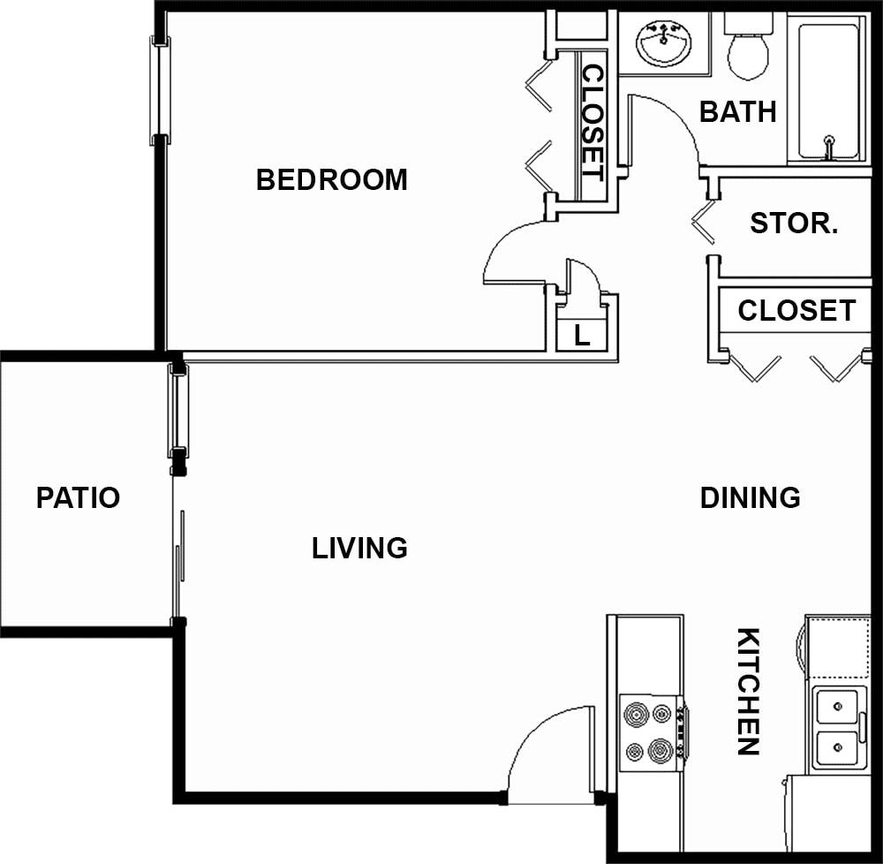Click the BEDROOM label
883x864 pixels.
point(332,180)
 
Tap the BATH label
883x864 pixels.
point(737,112)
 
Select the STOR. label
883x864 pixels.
point(794,224)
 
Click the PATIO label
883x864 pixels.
point(78,497)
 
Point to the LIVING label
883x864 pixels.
point(359,549)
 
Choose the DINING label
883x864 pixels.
point(750,497)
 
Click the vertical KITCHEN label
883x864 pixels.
point(748,692)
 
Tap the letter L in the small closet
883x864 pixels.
point(582,336)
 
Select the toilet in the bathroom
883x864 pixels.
point(748,48)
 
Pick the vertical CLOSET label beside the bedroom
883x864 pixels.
point(592,124)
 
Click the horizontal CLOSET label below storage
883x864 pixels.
point(796,311)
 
